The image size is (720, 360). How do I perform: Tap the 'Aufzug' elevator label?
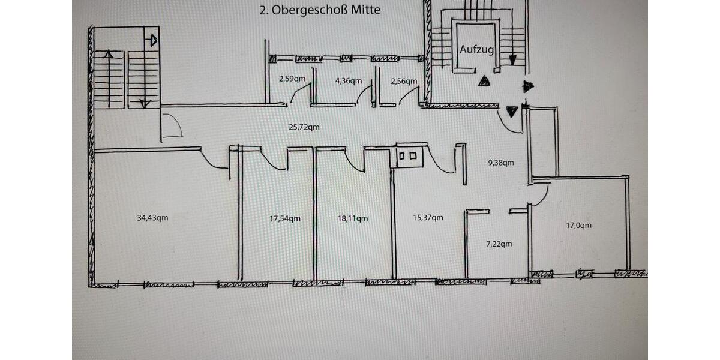point(477,50)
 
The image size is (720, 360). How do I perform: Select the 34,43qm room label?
point(152,218)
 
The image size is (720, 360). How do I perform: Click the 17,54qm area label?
point(285,218)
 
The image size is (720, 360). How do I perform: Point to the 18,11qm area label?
point(353,218)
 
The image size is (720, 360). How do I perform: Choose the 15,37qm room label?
point(428,217)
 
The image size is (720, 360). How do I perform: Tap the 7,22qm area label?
point(499,244)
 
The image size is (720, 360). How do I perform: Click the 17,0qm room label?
point(579,226)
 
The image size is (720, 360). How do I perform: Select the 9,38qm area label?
point(500,162)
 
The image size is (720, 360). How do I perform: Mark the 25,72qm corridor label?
point(304,127)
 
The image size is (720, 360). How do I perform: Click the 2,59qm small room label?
point(292,78)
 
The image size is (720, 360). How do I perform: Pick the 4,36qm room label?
point(348,80)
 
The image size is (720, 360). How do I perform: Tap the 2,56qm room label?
point(403,80)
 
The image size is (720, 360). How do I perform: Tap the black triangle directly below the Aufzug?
point(484,82)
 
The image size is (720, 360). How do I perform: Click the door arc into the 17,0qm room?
point(539,195)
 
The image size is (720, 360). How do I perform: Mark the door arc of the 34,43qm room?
point(212,159)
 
